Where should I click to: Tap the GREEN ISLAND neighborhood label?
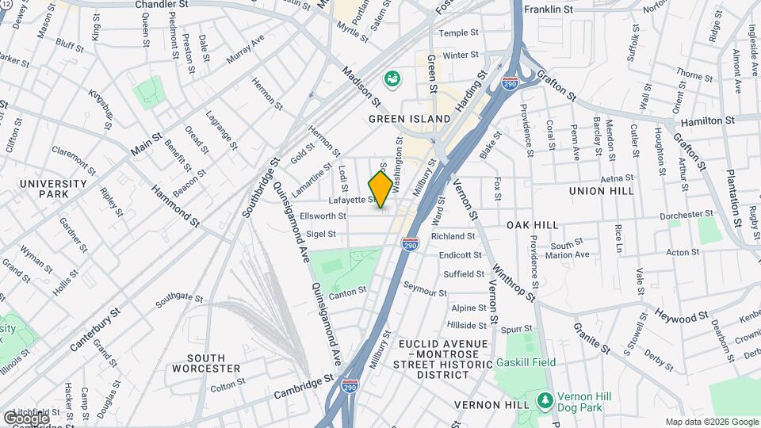pos(410,119)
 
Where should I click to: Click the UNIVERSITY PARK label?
pos(53,189)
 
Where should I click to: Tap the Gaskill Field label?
pos(526,362)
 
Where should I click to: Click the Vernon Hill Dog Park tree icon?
pos(544,398)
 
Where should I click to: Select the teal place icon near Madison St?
pos(392,78)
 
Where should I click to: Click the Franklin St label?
pos(549,10)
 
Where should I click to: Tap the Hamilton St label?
pos(708,120)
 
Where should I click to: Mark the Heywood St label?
pos(681,316)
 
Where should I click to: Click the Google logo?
pos(26,418)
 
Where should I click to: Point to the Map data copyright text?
pos(711,422)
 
